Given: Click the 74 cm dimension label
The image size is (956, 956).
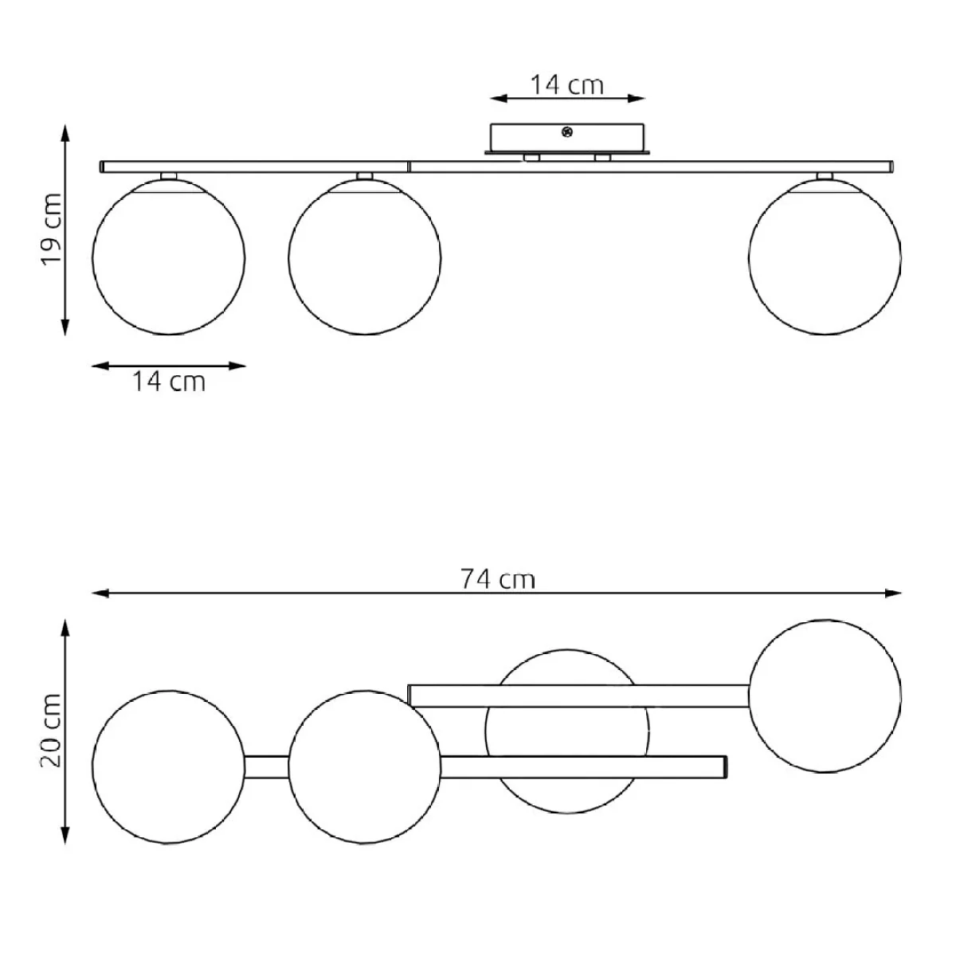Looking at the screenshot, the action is (498, 579).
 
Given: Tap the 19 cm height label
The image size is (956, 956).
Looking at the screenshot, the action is (52, 229).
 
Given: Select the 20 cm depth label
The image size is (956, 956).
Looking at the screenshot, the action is (52, 731).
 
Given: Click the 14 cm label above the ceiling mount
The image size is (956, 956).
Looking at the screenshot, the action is (567, 84).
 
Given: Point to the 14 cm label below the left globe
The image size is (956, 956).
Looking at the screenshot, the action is (169, 382).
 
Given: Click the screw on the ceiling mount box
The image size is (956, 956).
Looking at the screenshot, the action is (567, 132).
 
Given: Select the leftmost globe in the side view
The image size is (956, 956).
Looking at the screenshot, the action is (169, 257).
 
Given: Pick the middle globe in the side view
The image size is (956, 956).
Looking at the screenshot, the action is (365, 257).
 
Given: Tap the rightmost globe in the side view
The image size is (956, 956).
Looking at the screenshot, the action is (825, 257).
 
